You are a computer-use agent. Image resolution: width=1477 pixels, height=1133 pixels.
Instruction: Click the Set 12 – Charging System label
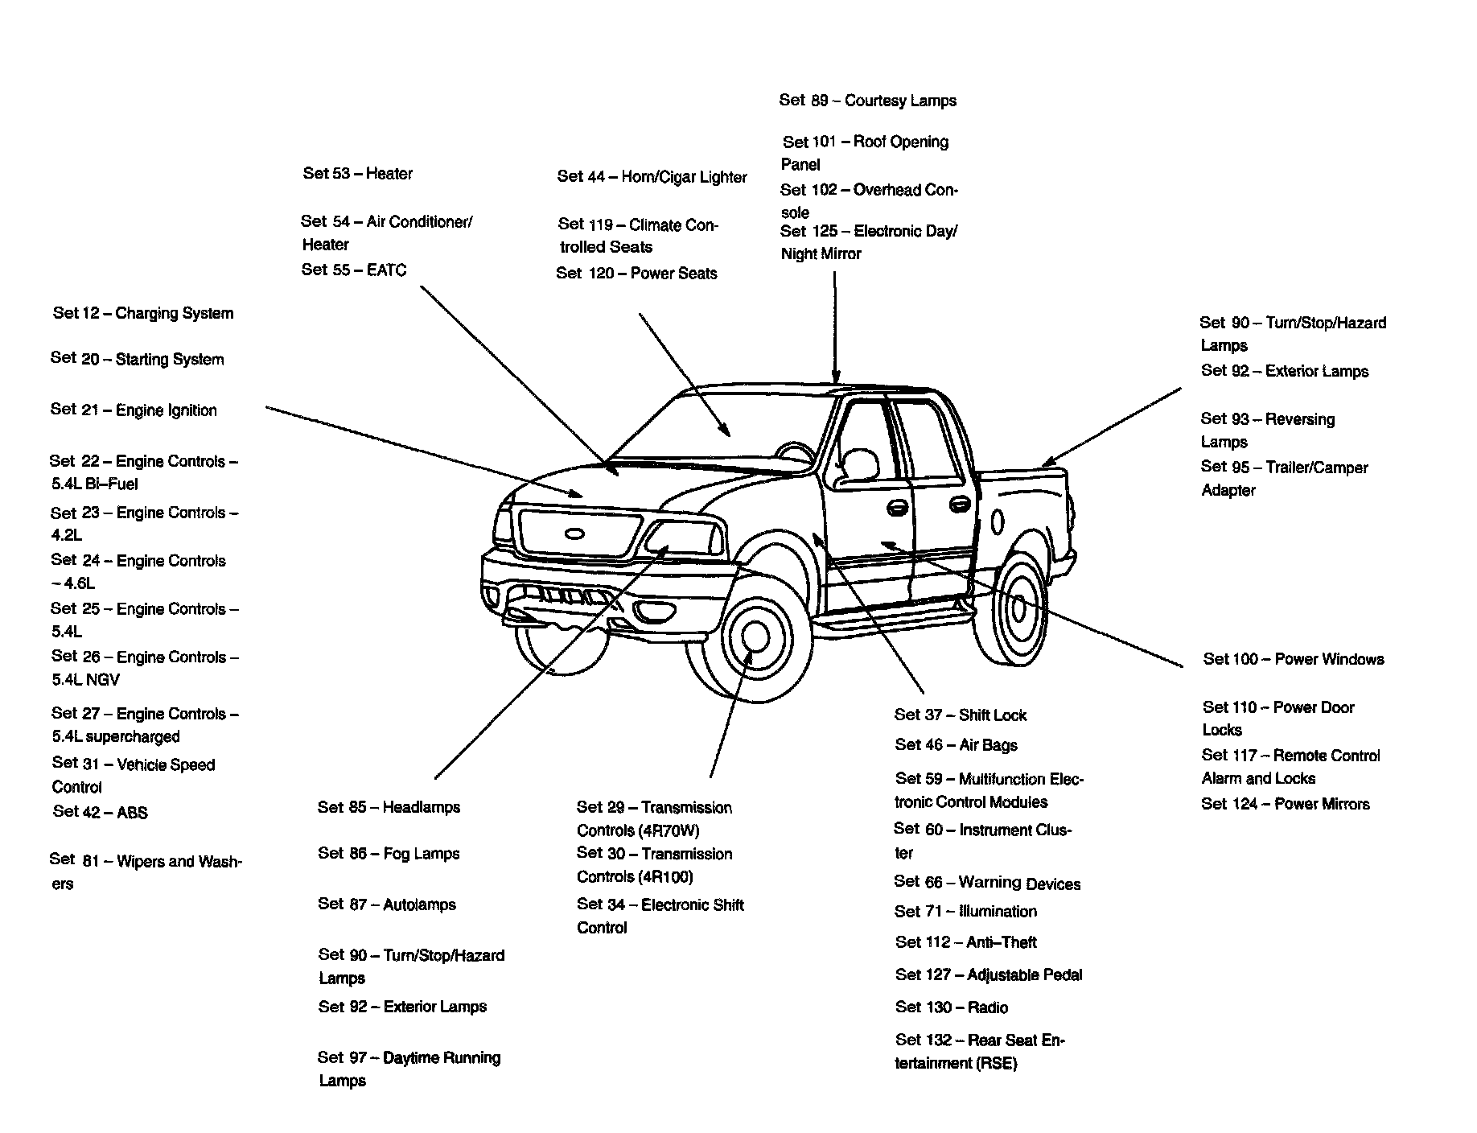pyautogui.click(x=143, y=313)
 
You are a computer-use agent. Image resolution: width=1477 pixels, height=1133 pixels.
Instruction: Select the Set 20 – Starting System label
pyautogui.click(x=138, y=359)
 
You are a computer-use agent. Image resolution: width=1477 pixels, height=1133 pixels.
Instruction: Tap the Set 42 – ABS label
pyautogui.click(x=101, y=812)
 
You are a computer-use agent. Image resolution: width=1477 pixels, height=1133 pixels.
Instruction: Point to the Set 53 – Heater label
pyautogui.click(x=358, y=173)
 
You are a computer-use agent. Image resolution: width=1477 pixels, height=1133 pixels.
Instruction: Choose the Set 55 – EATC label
pyautogui.click(x=354, y=270)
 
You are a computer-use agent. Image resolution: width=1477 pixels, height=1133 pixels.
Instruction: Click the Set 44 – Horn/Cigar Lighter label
pyautogui.click(x=652, y=177)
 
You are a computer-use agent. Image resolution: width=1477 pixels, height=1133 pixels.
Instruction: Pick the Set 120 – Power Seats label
pyautogui.click(x=636, y=274)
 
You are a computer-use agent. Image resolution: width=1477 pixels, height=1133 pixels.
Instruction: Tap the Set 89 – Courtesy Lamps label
pyautogui.click(x=868, y=101)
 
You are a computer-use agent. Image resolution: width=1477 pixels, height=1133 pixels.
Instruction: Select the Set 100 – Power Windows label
pyautogui.click(x=1294, y=659)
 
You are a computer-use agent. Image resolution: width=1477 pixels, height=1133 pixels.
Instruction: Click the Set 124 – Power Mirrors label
pyautogui.click(x=1286, y=803)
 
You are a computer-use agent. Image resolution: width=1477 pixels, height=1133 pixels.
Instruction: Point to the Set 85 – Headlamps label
pyautogui.click(x=389, y=806)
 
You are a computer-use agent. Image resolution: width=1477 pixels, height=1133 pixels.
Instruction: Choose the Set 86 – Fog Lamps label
pyautogui.click(x=389, y=853)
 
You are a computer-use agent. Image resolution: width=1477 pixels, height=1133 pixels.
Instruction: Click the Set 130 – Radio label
pyautogui.click(x=952, y=1007)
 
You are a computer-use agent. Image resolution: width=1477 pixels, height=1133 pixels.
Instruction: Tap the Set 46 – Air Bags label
pyautogui.click(x=957, y=745)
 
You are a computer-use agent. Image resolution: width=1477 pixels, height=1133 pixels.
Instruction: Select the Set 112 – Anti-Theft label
pyautogui.click(x=966, y=941)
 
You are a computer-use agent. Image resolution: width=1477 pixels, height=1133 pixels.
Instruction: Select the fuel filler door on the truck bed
pyautogui.click(x=998, y=521)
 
